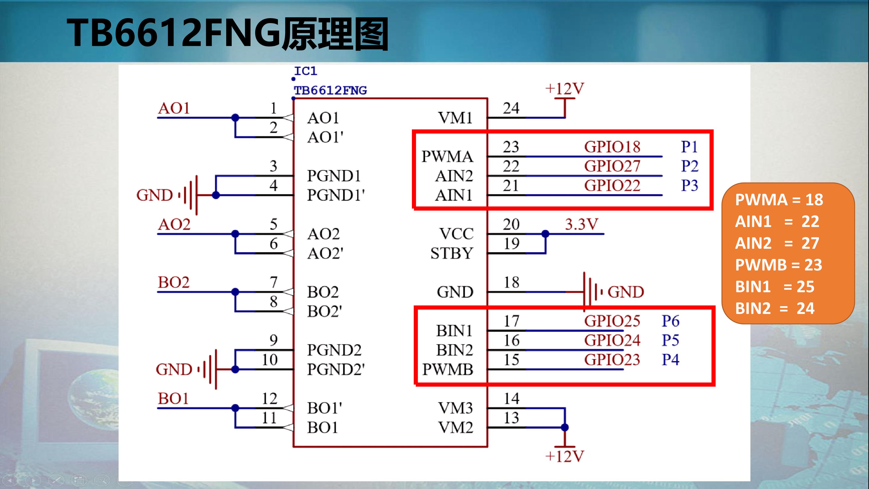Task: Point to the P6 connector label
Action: [x=671, y=321]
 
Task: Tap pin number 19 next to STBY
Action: [x=511, y=244]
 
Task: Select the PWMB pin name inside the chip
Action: [x=448, y=369]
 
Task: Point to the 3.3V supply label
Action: [x=582, y=224]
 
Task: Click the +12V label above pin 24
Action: [x=565, y=89]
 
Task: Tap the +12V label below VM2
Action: [x=565, y=456]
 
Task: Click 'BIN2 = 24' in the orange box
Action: [x=775, y=308]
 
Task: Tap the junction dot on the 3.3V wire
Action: [x=545, y=234]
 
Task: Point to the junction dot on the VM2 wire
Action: [x=565, y=427]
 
